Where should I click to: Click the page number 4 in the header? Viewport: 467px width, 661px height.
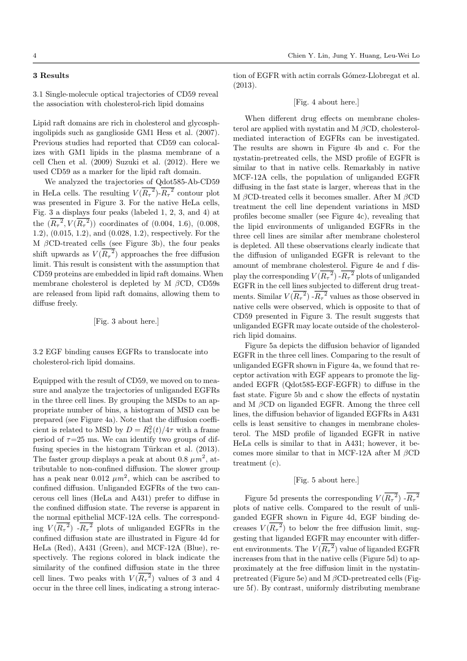[x=34, y=56]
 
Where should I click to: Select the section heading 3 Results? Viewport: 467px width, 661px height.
[x=51, y=75]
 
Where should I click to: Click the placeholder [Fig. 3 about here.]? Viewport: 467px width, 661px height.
[x=125, y=321]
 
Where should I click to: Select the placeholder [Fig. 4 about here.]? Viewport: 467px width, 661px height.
[x=326, y=102]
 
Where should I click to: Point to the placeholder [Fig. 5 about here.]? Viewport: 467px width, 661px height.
[x=326, y=480]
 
